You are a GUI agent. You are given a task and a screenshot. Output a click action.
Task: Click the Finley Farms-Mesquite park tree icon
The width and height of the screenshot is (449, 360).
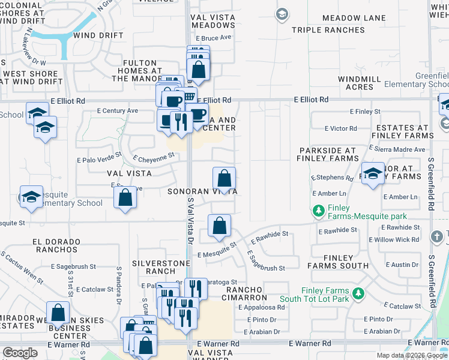pyautogui.click(x=318, y=211)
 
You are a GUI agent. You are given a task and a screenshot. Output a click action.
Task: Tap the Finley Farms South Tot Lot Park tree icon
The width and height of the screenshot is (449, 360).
pyautogui.click(x=358, y=293)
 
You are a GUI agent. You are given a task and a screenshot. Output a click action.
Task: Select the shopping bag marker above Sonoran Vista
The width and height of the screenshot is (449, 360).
pyautogui.click(x=224, y=178)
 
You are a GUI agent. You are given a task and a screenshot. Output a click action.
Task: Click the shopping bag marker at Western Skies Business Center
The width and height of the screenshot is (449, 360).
pyautogui.click(x=58, y=313)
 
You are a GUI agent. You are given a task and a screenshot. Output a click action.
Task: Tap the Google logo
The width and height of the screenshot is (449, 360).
pyautogui.click(x=20, y=353)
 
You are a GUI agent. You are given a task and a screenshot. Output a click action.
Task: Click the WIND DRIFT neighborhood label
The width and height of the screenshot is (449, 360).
pyautogui.click(x=98, y=35)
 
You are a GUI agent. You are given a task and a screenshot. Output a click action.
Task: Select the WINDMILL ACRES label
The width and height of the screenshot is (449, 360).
pyautogui.click(x=360, y=83)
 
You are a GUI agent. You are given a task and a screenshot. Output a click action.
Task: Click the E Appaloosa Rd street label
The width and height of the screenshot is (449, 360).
pyautogui.click(x=264, y=307)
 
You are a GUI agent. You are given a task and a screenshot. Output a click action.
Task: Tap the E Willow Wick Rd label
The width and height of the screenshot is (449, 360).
pyautogui.click(x=394, y=240)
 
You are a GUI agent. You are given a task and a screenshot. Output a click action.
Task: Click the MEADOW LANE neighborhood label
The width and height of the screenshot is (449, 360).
pyautogui.click(x=354, y=18)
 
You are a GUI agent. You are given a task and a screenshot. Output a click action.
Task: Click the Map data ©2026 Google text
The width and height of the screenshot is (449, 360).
pyautogui.click(x=412, y=355)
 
